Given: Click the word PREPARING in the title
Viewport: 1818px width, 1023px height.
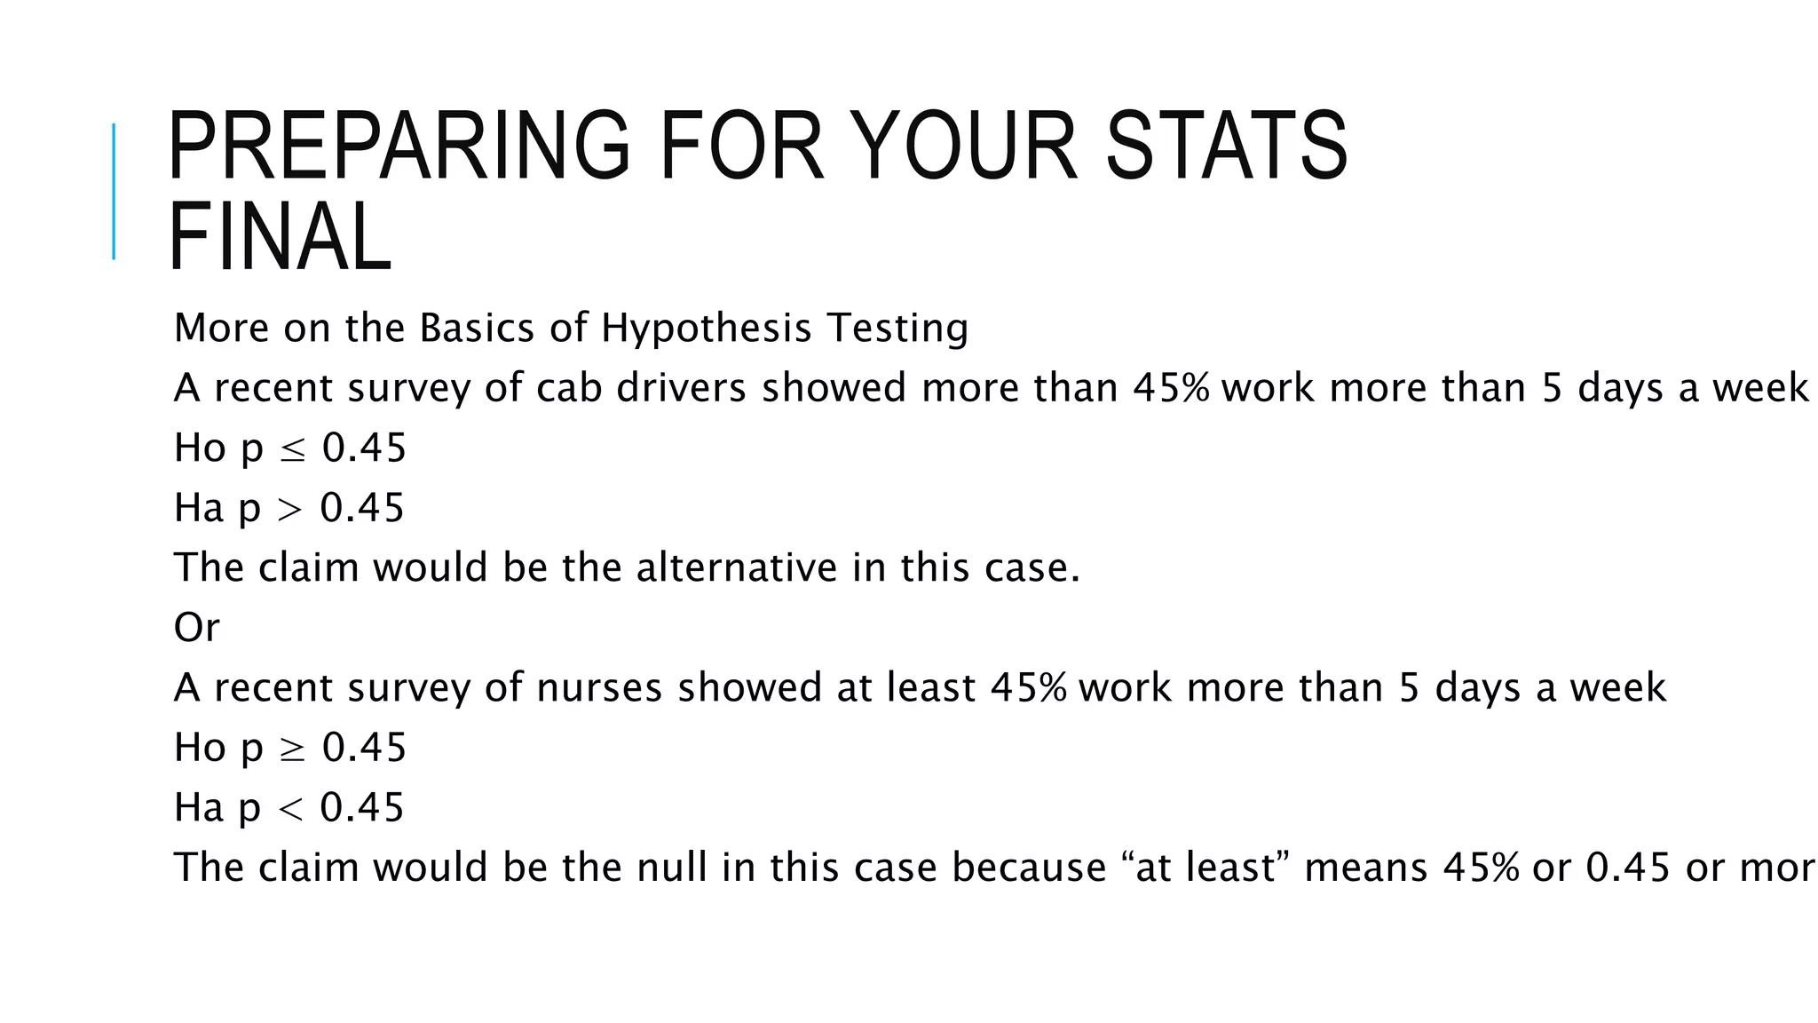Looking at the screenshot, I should click(x=399, y=147).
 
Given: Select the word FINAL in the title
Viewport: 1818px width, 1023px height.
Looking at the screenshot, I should click(x=280, y=237).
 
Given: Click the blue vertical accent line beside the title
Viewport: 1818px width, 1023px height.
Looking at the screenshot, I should click(x=114, y=191).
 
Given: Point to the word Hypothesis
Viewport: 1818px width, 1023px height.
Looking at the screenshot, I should click(x=706, y=328).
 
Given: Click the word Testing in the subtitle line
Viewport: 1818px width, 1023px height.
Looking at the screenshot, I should click(x=897, y=328).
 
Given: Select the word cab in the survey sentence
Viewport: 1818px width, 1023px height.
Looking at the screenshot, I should click(x=568, y=388).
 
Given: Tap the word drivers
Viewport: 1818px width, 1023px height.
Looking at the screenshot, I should click(x=681, y=388).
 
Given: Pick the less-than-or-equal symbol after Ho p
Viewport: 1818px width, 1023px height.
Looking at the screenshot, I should click(x=292, y=449).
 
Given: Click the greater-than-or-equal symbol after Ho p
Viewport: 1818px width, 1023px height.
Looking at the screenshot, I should click(x=292, y=749).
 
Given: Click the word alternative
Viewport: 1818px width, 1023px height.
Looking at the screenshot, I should click(x=736, y=568).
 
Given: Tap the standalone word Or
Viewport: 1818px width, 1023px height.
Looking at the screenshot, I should click(x=196, y=628).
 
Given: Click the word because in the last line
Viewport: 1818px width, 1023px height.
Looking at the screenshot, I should click(x=1029, y=868).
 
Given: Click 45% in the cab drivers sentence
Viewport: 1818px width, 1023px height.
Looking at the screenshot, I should click(x=1171, y=388).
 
